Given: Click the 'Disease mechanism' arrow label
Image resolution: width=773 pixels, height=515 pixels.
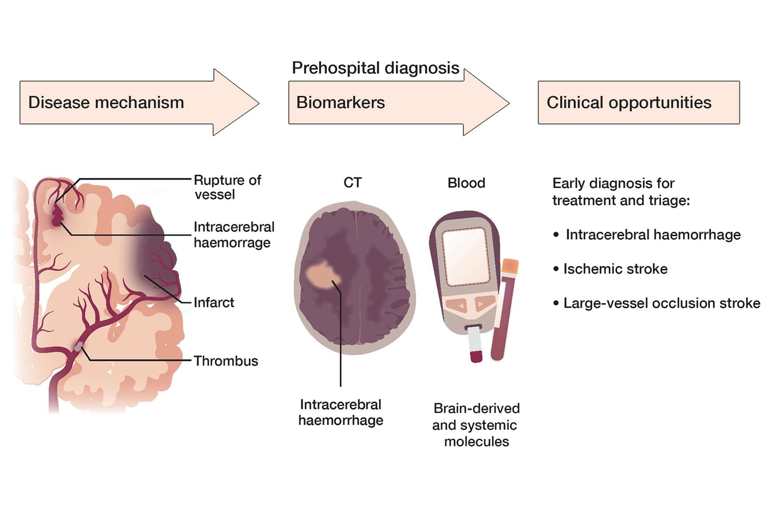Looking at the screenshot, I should click(106, 103).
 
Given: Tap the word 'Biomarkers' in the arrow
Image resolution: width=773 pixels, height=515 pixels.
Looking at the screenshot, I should click(340, 103).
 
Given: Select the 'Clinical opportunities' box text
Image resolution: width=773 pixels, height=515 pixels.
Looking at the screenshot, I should click(629, 103).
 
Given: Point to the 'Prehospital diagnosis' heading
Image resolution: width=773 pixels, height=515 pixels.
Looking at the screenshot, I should click(375, 68).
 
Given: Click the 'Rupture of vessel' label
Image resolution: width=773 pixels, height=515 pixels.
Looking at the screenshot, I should click(227, 187).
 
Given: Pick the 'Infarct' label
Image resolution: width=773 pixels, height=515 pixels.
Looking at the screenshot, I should click(214, 302).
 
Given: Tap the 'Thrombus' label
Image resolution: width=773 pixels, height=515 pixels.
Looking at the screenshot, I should click(226, 361).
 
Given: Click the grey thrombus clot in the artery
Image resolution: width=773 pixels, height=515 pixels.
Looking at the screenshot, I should click(79, 346).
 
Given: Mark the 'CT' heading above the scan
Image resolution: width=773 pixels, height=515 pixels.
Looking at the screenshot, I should click(352, 182).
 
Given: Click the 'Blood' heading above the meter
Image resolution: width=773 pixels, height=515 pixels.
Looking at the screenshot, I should click(466, 182).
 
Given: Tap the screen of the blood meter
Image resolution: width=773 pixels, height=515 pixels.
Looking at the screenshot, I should click(465, 256).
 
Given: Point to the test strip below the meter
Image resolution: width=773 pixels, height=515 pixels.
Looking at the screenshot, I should click(474, 344).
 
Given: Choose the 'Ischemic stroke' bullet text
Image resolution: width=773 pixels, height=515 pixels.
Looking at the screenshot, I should click(615, 269).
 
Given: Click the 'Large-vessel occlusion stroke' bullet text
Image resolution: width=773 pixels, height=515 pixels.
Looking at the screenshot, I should click(661, 303).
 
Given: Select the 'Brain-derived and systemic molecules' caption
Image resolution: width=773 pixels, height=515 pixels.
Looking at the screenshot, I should click(476, 424).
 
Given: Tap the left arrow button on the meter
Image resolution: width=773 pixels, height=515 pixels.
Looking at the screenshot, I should click(457, 305).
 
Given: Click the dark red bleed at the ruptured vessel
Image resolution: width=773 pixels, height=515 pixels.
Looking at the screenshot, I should click(57, 217).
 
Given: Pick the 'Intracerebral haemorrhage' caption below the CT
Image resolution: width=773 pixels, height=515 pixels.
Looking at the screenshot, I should click(341, 412).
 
